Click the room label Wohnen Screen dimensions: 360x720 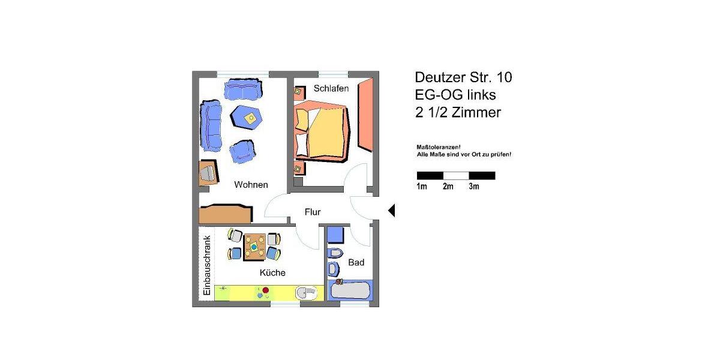[251, 185]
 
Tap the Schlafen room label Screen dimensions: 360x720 [331, 89]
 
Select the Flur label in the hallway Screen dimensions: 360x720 [313, 212]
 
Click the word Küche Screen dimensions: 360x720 [272, 273]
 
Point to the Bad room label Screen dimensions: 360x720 [356, 263]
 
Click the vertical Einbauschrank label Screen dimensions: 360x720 [206, 265]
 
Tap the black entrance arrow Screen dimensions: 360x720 [391, 211]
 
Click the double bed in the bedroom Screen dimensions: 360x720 [321, 132]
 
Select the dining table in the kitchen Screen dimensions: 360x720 [254, 246]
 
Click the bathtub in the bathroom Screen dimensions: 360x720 [351, 291]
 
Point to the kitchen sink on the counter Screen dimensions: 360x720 [307, 293]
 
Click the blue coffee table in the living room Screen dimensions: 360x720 [247, 116]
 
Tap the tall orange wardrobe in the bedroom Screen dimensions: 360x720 [365, 115]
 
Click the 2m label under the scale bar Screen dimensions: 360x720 [448, 187]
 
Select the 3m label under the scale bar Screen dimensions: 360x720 [474, 187]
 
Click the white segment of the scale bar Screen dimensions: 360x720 [456, 176]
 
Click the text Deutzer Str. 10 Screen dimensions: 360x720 [463, 77]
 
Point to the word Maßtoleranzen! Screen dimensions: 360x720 [439, 147]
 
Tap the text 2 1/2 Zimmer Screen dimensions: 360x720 [457, 112]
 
